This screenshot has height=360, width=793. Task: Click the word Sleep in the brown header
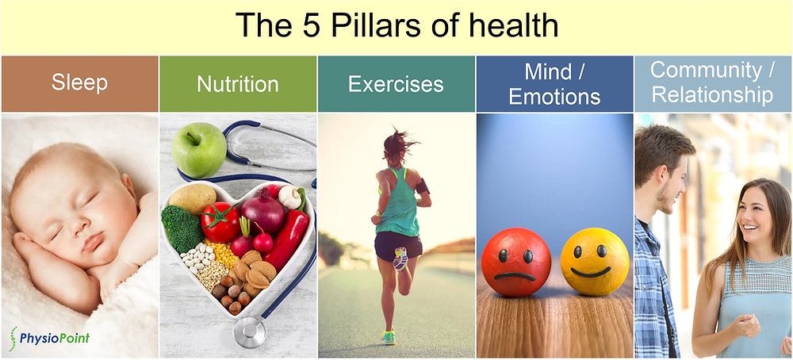79,83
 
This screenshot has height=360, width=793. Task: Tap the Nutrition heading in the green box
238,84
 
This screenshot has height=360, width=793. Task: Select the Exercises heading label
396,84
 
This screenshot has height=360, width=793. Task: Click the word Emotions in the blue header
555,97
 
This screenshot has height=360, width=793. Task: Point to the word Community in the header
706,71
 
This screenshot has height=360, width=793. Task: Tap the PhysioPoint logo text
55,337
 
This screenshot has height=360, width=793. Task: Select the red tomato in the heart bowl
220,223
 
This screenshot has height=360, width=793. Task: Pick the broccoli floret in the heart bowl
182,228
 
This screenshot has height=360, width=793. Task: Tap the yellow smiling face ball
595,262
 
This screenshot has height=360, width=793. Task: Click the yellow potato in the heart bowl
192,199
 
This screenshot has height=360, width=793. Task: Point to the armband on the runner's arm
422,186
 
